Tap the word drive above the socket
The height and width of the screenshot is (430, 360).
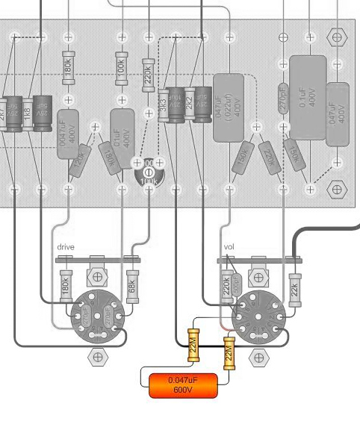65,246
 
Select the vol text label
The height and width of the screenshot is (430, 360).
229,246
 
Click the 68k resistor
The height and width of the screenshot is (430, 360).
132,286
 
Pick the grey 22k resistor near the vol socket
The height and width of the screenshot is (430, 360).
295,287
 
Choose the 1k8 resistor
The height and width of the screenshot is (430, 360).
28,112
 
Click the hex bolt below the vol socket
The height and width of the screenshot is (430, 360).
259,358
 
